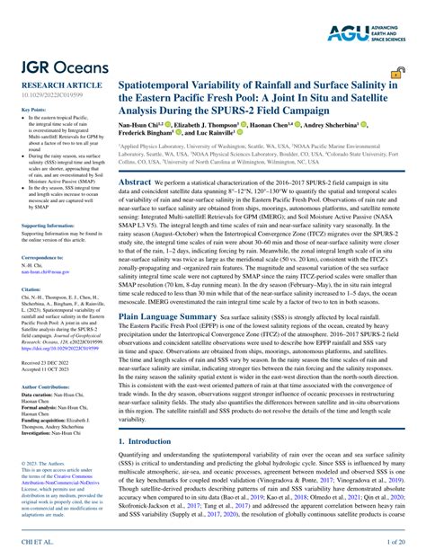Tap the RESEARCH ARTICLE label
pyautogui.click(x=55, y=83)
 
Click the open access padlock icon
pyautogui.click(x=396, y=75)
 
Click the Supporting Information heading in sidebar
pyautogui.click(x=53, y=226)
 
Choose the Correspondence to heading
pyautogui.click(x=44, y=258)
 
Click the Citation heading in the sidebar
pyautogui.click(x=31, y=290)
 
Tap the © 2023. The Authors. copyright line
pyautogui.click(x=44, y=463)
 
